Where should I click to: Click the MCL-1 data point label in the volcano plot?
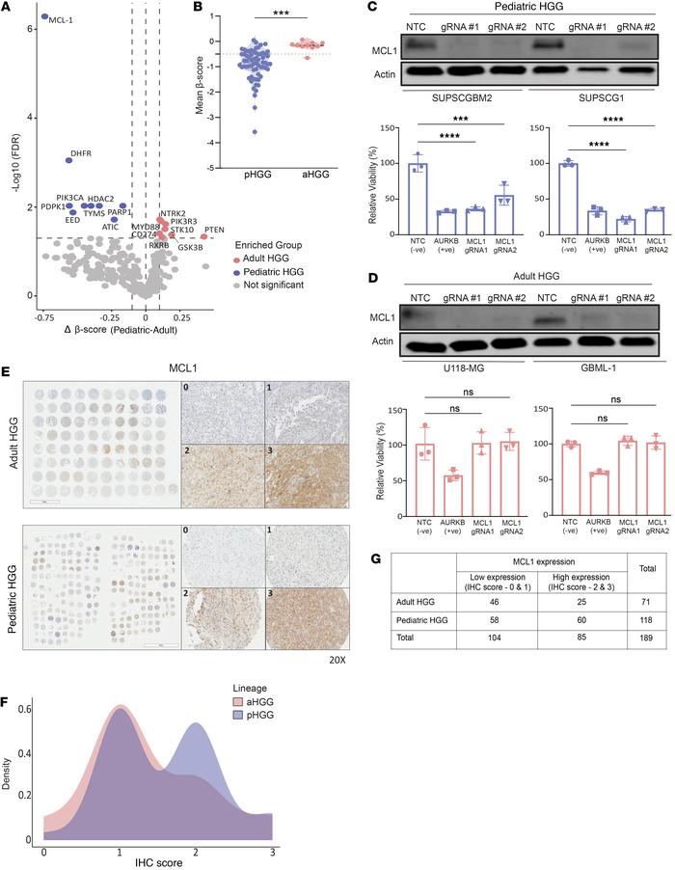pyautogui.click(x=63, y=19)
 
